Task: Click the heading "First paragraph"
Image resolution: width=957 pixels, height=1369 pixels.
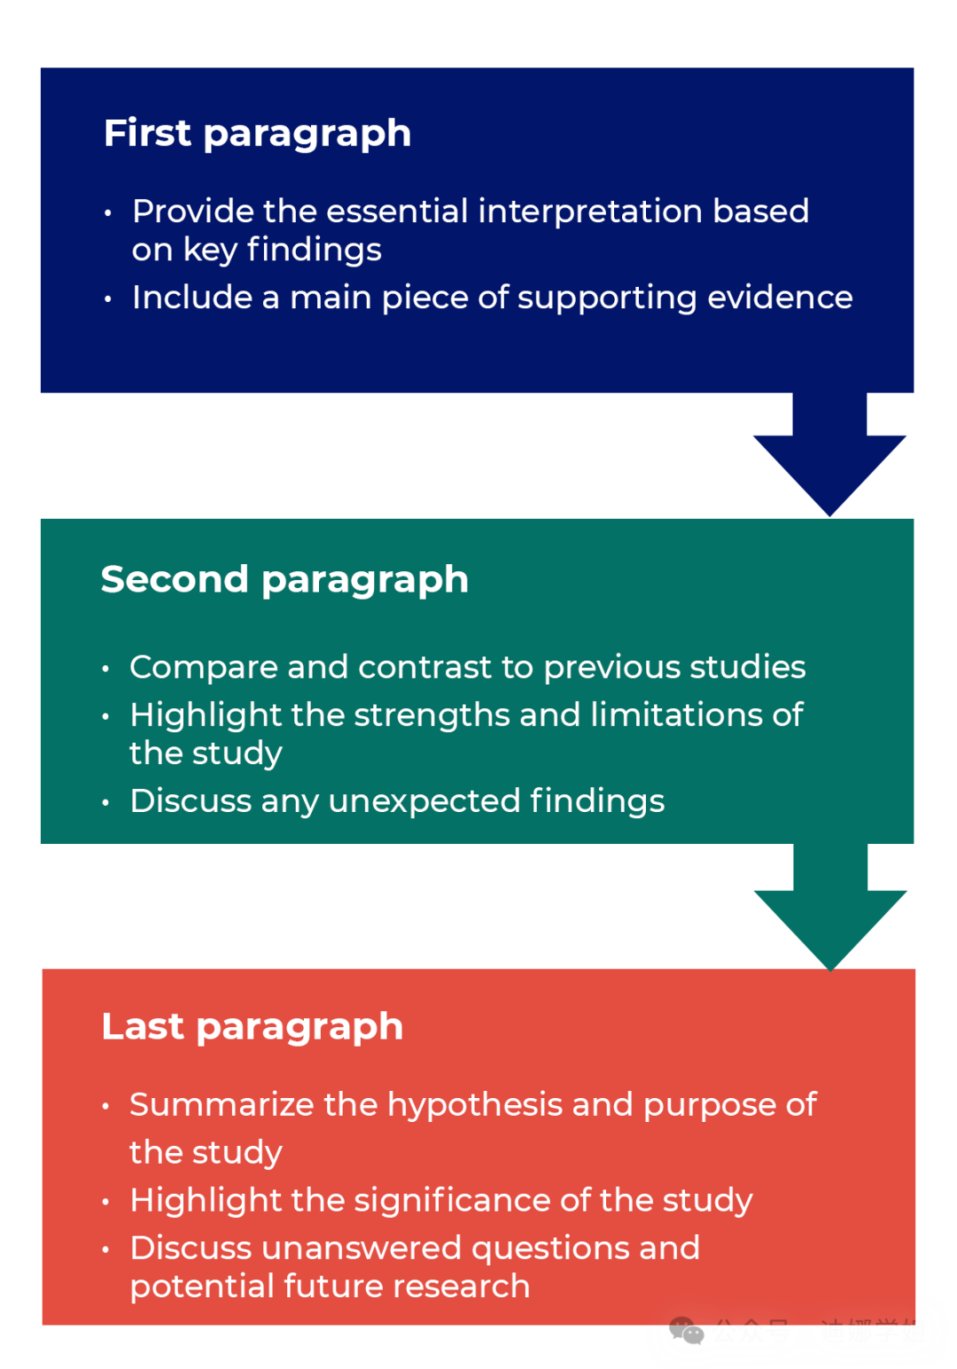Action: pyautogui.click(x=257, y=134)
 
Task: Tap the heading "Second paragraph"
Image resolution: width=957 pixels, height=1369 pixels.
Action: pyautogui.click(x=284, y=580)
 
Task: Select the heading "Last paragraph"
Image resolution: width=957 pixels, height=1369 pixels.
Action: pyautogui.click(x=253, y=1027)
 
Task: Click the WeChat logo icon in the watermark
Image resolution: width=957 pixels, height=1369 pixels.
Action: pyautogui.click(x=686, y=1331)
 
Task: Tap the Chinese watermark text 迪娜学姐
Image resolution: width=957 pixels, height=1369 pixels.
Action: pyautogui.click(x=873, y=1331)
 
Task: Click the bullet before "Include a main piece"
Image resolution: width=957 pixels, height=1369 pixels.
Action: pyautogui.click(x=107, y=299)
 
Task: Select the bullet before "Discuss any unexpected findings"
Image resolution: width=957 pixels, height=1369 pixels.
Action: pyautogui.click(x=105, y=803)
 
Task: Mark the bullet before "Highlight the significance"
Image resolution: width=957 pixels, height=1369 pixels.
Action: pyautogui.click(x=105, y=1203)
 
